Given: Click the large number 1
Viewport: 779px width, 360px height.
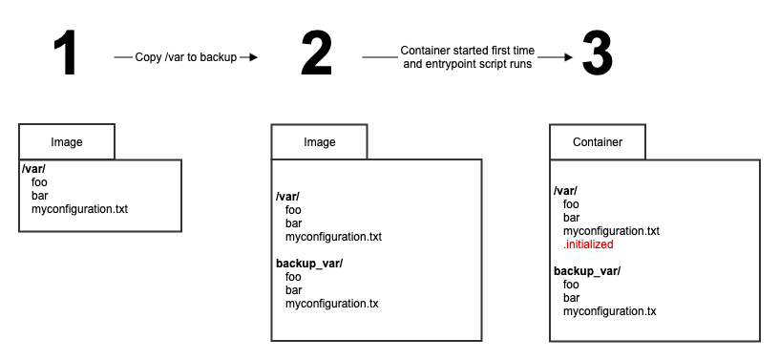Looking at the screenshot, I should pos(65,55).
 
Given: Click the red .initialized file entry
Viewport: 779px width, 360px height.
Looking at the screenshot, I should pos(588,244).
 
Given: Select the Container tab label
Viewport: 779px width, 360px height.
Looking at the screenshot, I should pos(598,142).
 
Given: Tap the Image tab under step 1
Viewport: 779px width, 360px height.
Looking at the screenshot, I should pos(67,142).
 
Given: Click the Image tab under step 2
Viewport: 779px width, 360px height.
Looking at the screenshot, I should pos(319,142).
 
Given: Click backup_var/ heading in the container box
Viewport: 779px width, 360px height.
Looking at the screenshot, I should pos(587,271).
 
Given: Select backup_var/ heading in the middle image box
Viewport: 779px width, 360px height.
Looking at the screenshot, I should pos(309,263).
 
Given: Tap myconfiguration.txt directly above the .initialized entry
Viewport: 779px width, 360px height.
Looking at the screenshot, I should pos(612,231).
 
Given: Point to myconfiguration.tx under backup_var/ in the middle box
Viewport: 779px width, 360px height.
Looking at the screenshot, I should pos(331,304).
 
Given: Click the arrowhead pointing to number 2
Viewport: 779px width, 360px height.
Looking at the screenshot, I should pos(255,57).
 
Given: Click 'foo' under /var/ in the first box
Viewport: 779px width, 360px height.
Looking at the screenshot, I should pos(39,180).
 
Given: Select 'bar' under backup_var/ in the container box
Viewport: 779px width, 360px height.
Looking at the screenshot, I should pos(571,298).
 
